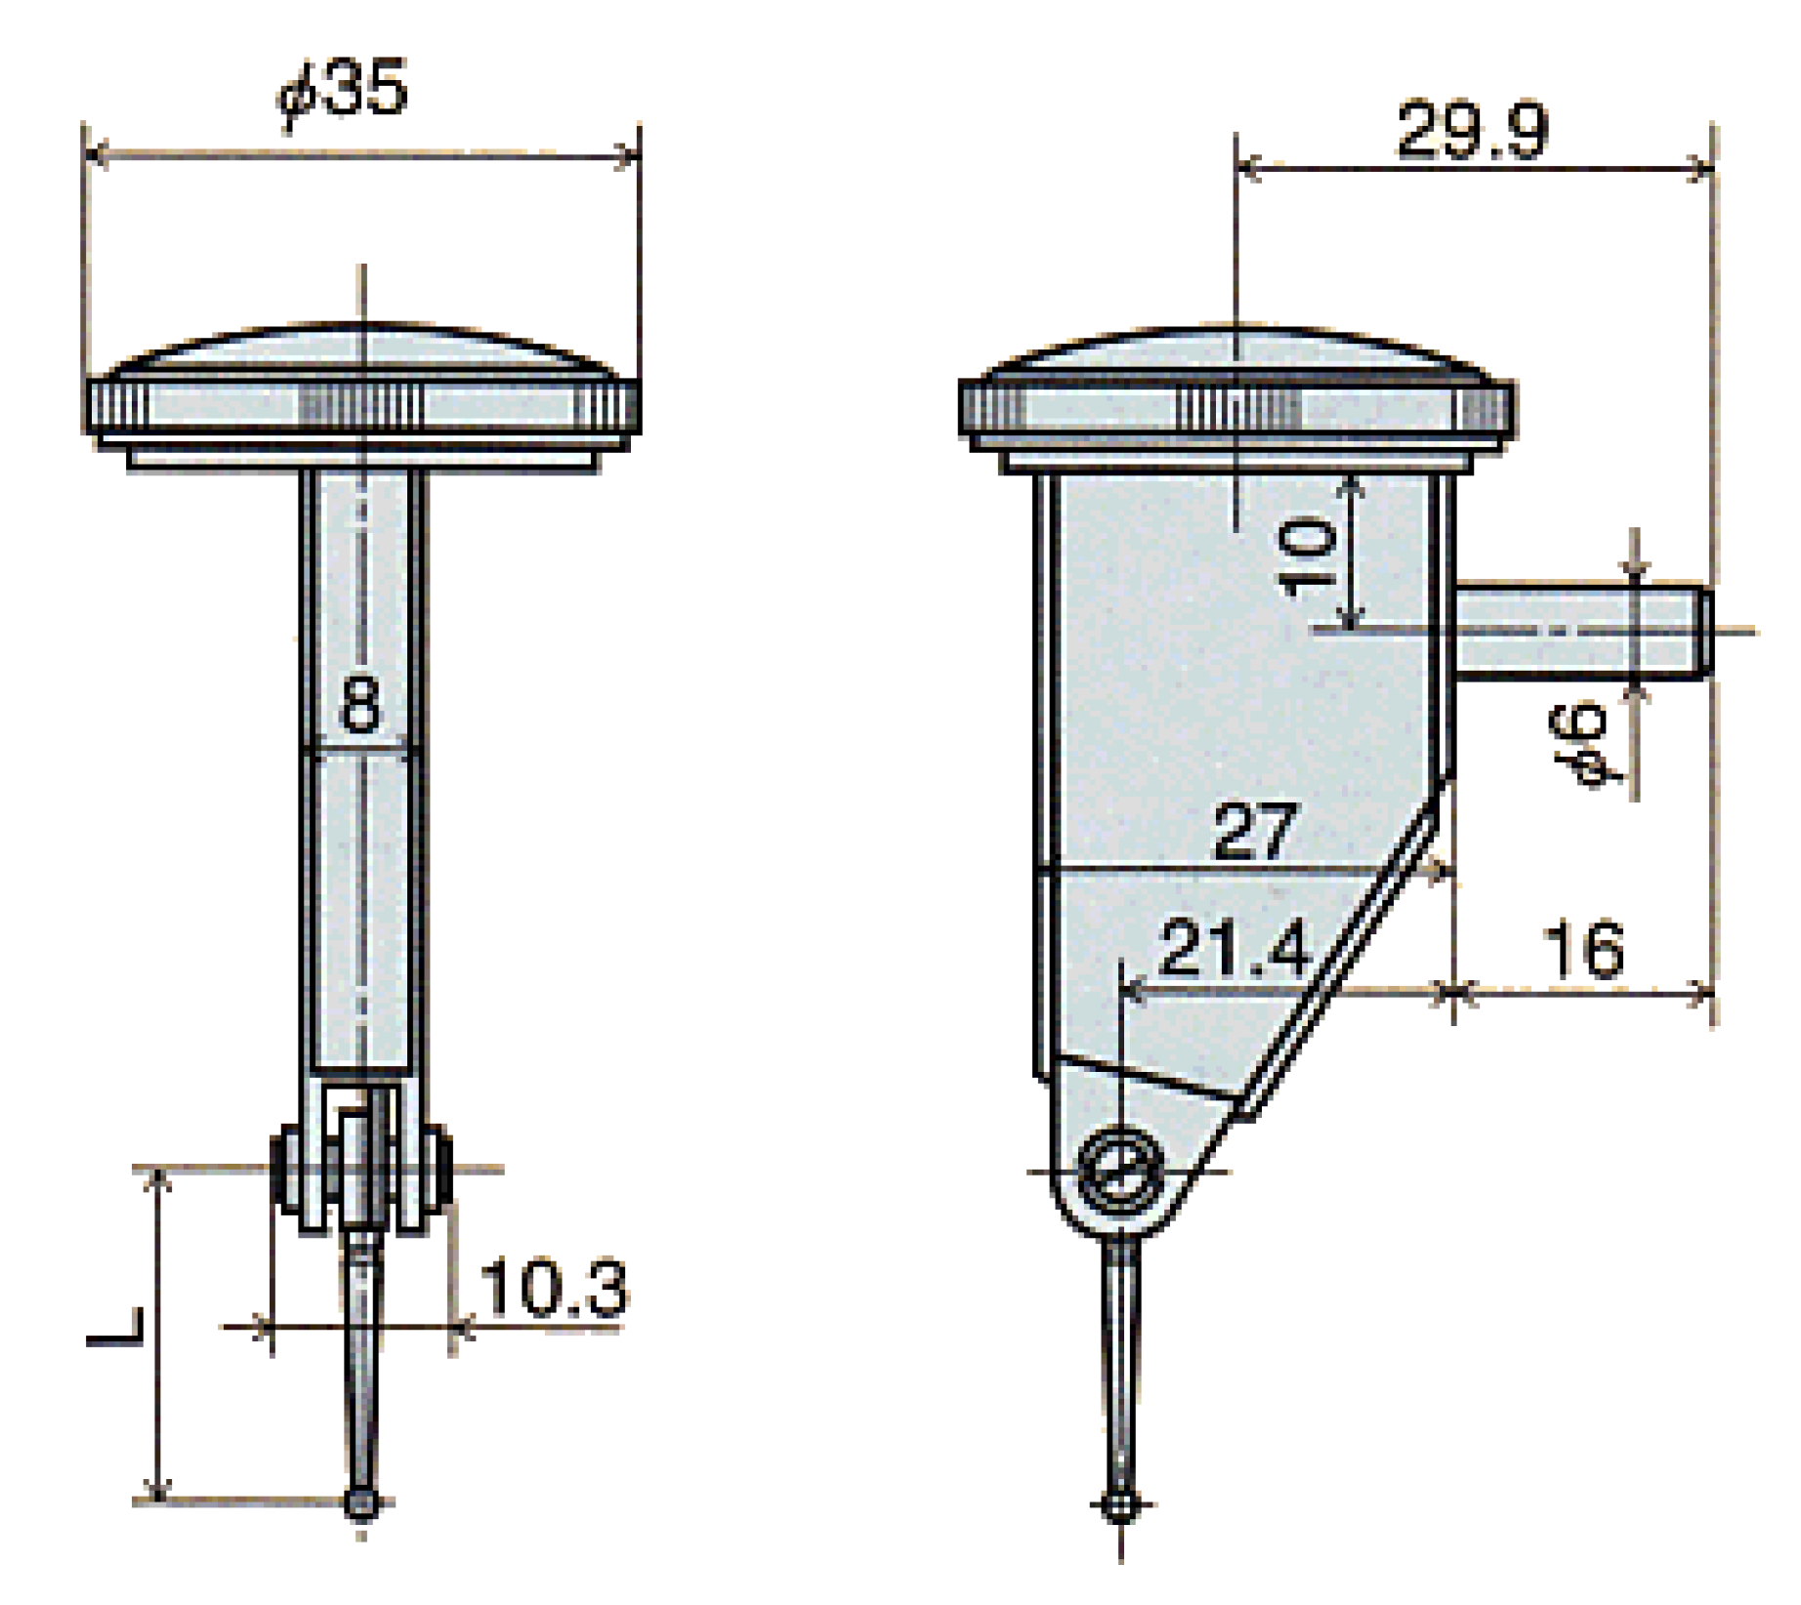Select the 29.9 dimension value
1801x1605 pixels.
pos(1472,131)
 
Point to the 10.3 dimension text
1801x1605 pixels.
pos(553,1288)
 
